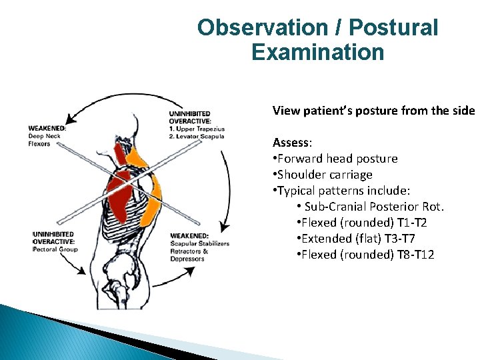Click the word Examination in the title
318,52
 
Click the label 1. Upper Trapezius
197,129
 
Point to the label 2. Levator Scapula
197,137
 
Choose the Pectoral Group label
56,249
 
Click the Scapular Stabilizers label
200,243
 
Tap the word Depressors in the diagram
187,259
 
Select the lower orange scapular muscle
151,200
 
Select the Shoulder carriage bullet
325,175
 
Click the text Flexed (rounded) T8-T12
367,255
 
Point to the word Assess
291,142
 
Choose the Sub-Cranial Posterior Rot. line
374,207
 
